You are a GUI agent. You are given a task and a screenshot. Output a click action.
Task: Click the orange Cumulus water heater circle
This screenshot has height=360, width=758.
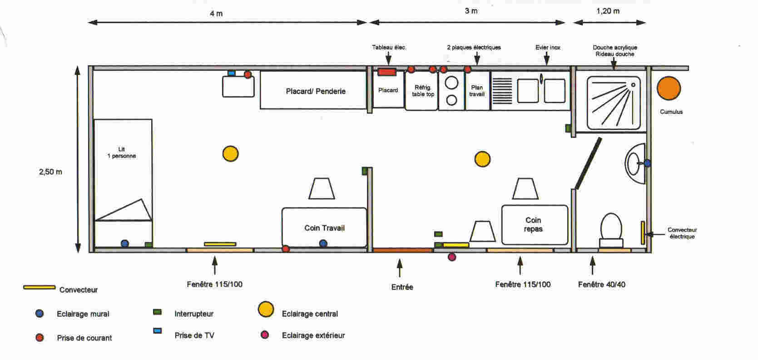coord(669,88)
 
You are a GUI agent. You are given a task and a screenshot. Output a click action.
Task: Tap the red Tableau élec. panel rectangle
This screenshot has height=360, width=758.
coord(387,72)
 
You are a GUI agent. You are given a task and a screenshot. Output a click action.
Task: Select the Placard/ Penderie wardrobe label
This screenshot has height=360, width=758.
coord(316,91)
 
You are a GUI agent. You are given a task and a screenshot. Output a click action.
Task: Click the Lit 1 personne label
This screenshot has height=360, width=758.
coord(122,153)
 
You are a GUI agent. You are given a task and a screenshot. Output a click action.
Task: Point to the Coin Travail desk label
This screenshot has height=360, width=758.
coord(324,228)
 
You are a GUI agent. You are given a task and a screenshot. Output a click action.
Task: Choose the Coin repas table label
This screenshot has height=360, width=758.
coord(533,225)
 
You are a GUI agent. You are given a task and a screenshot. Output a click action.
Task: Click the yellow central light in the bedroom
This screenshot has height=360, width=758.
coord(230,154)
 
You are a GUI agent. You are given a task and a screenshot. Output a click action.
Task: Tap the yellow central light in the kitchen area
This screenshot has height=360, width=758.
coord(482,159)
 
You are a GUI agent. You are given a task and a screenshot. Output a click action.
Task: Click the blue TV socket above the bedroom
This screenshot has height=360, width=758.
coord(232,73)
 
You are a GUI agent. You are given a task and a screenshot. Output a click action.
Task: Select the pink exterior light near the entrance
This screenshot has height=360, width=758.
coord(451,257)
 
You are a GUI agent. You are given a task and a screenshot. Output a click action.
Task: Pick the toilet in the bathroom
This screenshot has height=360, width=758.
coord(611,228)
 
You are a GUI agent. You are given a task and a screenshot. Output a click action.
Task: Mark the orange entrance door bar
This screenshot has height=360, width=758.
coord(402,250)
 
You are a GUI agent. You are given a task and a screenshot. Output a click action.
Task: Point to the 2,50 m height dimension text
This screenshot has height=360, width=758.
coord(50,172)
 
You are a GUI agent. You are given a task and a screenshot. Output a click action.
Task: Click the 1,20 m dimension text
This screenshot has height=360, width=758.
coord(608,11)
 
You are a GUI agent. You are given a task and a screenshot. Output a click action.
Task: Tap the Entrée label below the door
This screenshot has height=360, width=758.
coord(402,287)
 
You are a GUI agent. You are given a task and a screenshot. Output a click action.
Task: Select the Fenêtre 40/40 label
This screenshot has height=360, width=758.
coord(601,285)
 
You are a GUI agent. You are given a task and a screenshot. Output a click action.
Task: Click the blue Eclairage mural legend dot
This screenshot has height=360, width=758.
coord(40,314)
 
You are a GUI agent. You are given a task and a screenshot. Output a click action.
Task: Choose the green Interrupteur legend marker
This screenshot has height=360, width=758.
coord(158,312)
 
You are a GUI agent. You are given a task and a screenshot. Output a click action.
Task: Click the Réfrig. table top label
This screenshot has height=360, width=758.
coord(423,91)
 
